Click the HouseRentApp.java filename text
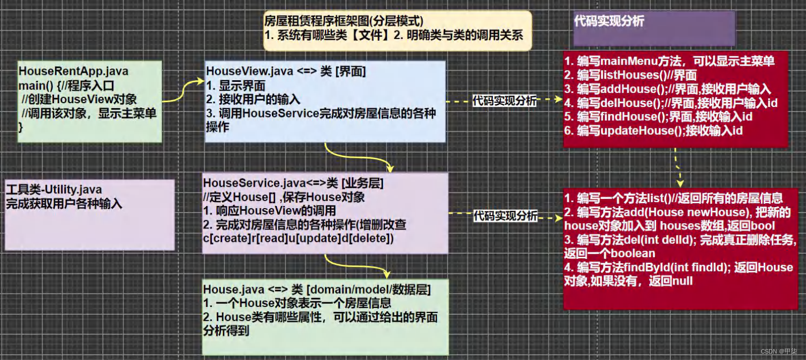73,71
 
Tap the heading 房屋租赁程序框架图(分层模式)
344,22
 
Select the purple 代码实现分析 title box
654,28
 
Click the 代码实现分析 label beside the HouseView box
504,101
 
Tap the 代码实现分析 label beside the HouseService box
505,216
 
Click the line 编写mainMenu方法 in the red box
669,61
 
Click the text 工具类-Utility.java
54,190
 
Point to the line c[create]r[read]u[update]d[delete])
299,238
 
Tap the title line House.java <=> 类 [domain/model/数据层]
317,289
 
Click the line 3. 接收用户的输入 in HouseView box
253,99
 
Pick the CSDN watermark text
779,351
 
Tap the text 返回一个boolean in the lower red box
610,253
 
